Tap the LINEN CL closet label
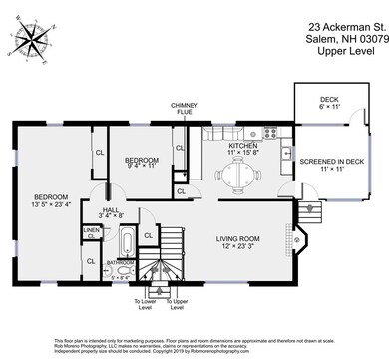(x=91, y=233)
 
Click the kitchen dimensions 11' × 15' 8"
(x=242, y=153)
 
